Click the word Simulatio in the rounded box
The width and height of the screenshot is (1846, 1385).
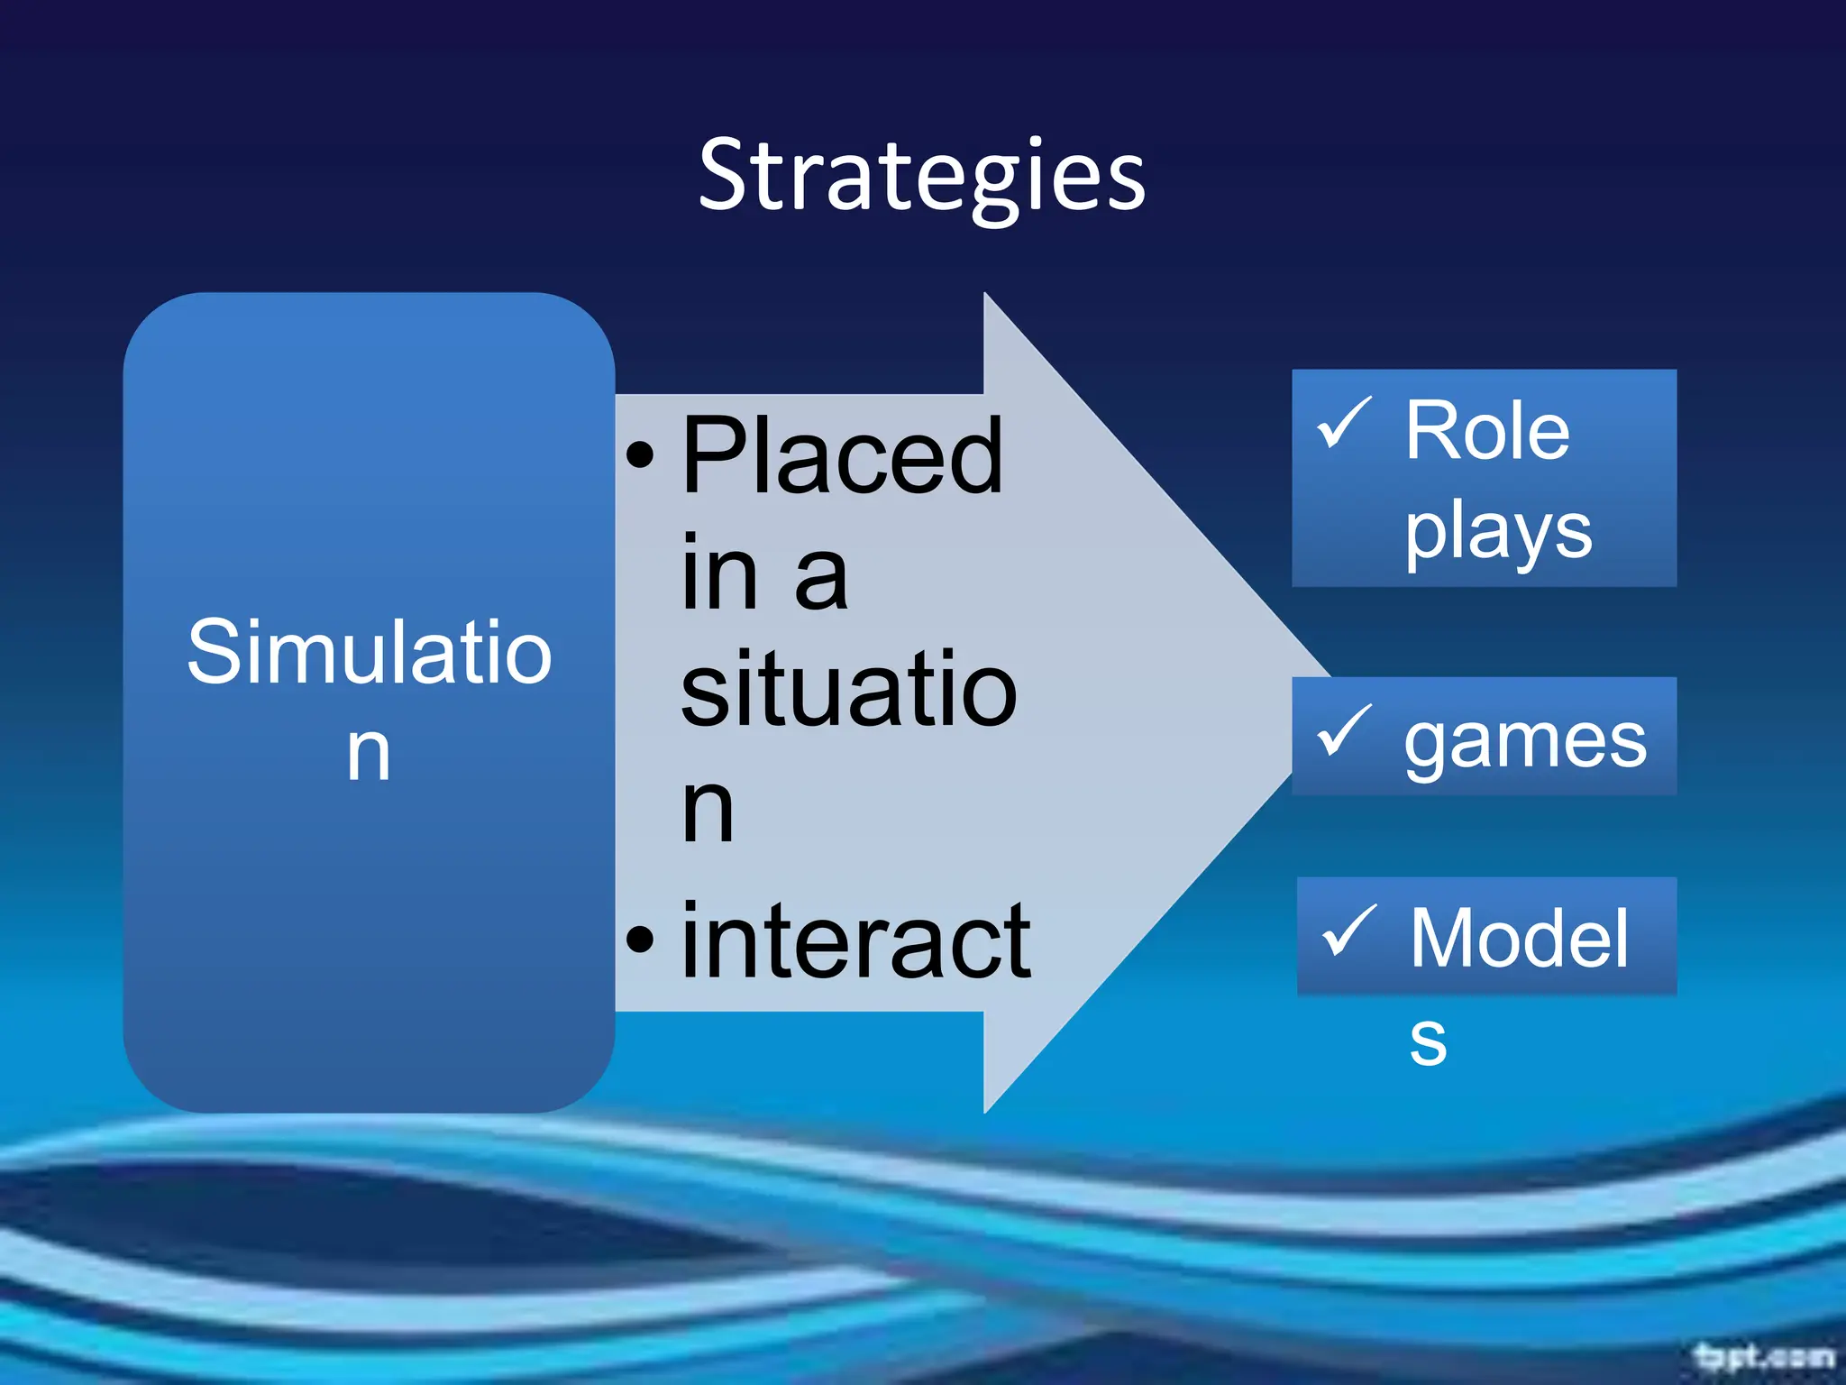pos(370,652)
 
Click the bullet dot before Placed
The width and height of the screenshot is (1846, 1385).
pos(640,456)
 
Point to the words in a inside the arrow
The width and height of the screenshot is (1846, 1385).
pos(764,573)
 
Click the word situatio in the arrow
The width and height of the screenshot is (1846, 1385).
pos(848,691)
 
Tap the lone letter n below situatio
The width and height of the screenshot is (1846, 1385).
pos(708,810)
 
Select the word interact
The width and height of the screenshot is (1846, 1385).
pos(855,942)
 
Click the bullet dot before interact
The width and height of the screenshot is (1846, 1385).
pos(640,940)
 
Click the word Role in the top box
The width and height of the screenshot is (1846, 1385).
pos(1487,431)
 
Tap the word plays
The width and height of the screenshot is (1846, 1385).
pos(1498,532)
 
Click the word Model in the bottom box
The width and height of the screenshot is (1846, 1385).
pos(1520,939)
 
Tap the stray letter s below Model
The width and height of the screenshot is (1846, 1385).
pos(1428,1041)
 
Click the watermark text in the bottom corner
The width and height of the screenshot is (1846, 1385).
pos(1764,1356)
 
